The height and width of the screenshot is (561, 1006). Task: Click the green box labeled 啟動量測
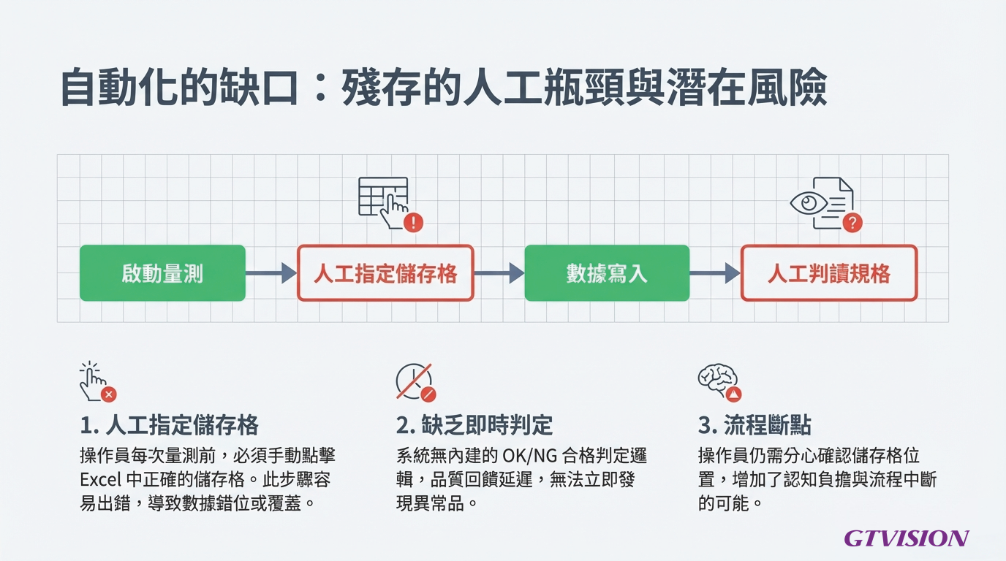click(x=162, y=273)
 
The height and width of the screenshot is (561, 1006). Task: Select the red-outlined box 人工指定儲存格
click(x=385, y=273)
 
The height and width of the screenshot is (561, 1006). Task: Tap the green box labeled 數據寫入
click(x=607, y=273)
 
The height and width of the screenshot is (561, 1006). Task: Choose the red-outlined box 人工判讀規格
click(x=828, y=273)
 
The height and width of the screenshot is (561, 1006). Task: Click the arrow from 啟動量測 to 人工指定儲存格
click(x=271, y=273)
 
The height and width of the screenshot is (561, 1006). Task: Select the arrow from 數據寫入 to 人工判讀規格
click(x=714, y=273)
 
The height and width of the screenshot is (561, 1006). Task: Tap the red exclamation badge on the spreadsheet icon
click(x=413, y=222)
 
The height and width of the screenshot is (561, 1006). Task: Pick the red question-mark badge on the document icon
click(x=852, y=223)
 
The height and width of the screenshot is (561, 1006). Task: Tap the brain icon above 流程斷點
click(x=719, y=381)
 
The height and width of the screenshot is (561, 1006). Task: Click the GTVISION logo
click(x=906, y=539)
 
